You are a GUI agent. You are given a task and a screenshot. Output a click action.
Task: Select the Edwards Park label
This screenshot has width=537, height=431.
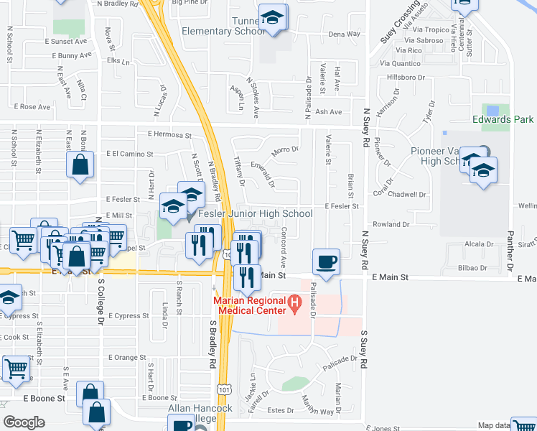tap(503, 119)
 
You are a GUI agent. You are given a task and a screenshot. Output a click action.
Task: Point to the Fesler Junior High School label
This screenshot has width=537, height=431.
tap(256, 213)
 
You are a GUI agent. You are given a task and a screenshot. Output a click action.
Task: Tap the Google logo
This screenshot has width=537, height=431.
tap(24, 422)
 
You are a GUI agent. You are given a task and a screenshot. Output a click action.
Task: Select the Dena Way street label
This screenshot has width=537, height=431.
tap(344, 34)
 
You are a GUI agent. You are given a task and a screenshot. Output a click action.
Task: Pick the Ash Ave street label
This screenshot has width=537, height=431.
tap(329, 112)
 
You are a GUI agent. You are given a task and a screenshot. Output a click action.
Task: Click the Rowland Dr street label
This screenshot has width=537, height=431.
tap(391, 224)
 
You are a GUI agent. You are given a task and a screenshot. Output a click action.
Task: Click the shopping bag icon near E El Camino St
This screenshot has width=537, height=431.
tap(80, 164)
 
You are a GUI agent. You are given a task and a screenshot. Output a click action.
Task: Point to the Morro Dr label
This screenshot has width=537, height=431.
tap(285, 149)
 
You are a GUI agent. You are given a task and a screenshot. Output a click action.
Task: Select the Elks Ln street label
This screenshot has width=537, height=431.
tap(116, 61)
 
